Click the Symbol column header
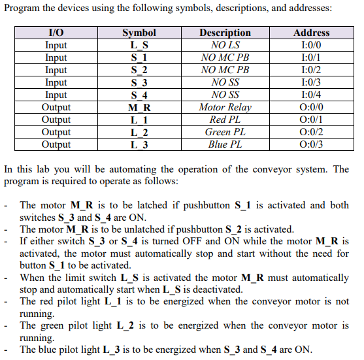click(x=139, y=33)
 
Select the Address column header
click(x=312, y=33)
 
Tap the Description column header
click(x=225, y=33)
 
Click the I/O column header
click(x=56, y=33)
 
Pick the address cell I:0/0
click(x=312, y=45)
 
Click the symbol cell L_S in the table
click(x=139, y=45)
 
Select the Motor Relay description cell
click(x=225, y=107)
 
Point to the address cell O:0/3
click(x=312, y=144)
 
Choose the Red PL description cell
click(x=225, y=120)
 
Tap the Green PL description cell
click(x=225, y=132)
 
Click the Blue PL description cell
click(x=225, y=144)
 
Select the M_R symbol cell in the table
click(x=139, y=107)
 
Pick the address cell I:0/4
click(x=312, y=95)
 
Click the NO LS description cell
click(x=225, y=45)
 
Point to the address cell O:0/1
click(x=312, y=120)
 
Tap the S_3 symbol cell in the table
click(x=139, y=82)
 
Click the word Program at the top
click(x=24, y=8)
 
